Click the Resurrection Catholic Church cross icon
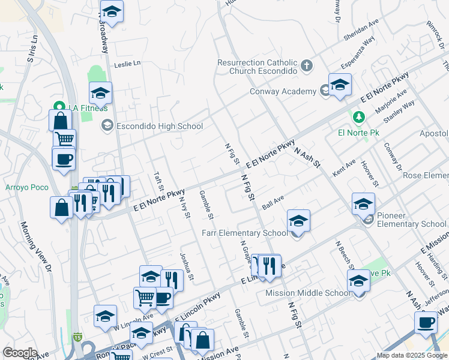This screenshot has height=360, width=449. click(x=307, y=65)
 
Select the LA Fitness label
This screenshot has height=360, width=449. click(x=88, y=108)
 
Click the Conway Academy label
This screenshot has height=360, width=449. click(x=283, y=91)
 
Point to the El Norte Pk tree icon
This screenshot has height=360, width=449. click(x=358, y=116)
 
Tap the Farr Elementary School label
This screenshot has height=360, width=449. click(x=244, y=233)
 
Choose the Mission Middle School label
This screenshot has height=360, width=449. click(x=308, y=293)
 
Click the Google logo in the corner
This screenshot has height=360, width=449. click(x=20, y=352)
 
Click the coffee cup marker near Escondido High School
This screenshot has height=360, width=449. click(x=64, y=159)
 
